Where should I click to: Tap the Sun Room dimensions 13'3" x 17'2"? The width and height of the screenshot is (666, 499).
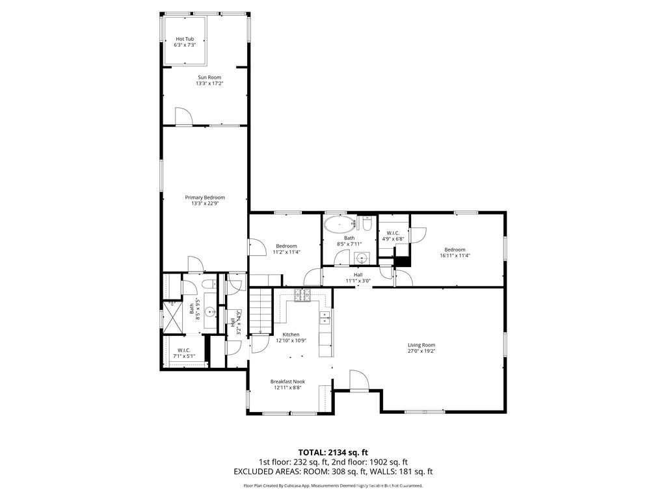209,84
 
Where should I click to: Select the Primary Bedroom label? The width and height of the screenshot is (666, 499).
205,198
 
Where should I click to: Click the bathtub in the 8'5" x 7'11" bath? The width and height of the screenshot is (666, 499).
340,226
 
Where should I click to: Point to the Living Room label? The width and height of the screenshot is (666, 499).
421,345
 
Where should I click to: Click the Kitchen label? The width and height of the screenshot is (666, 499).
291,335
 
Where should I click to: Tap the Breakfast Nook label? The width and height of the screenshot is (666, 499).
287,381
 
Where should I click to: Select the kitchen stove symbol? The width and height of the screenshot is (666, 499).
303,295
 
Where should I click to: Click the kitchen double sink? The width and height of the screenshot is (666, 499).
324,317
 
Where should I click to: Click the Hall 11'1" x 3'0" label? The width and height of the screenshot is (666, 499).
358,275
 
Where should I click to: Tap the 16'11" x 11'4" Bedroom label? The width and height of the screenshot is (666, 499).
455,249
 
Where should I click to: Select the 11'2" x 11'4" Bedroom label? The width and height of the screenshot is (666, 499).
286,246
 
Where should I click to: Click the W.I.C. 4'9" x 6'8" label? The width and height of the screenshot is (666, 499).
392,233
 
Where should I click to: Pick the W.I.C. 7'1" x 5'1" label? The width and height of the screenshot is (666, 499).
183,350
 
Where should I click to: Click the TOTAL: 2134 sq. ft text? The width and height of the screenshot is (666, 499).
333,452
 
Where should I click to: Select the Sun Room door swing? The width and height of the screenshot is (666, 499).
183,116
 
